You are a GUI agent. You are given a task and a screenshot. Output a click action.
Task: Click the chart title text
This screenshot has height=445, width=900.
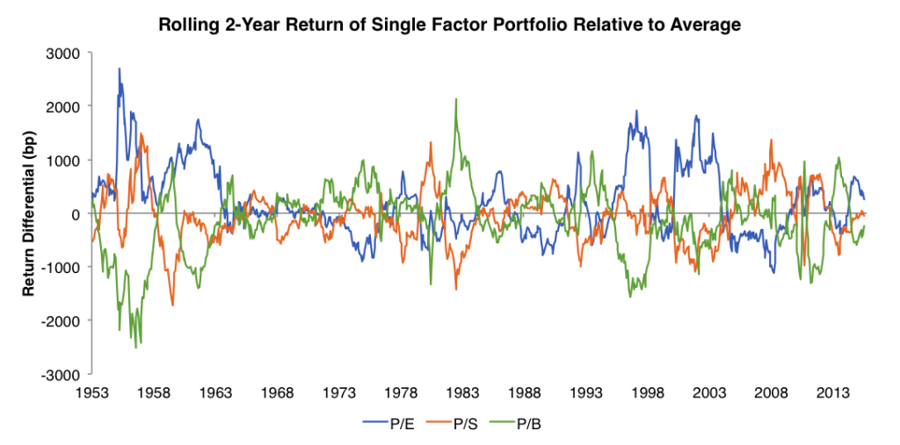coord(449,25)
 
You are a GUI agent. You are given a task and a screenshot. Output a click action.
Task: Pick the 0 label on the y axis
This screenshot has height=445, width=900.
coord(75,214)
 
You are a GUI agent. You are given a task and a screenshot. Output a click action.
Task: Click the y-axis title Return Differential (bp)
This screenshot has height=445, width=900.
coord(29,213)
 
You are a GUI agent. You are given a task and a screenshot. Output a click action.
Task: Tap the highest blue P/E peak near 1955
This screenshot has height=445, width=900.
coord(120,69)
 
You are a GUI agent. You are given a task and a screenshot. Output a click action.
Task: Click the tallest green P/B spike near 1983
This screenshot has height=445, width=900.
coord(455,100)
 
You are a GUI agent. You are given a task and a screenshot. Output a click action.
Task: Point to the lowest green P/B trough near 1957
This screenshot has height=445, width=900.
coord(136,347)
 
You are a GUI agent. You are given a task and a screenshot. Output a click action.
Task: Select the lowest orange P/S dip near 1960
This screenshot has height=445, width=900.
coord(172,305)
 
